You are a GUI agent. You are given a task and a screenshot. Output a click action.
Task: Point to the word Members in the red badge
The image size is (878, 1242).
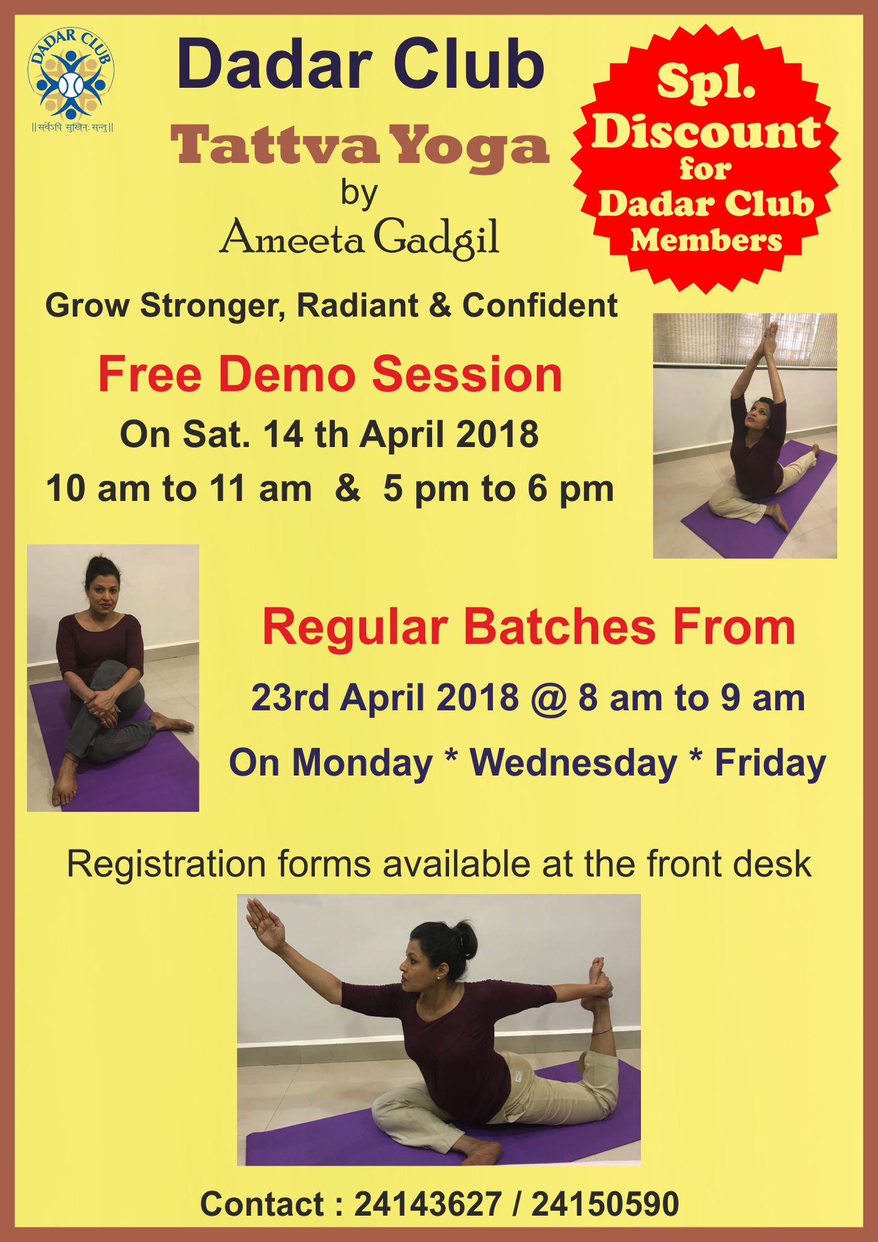707,240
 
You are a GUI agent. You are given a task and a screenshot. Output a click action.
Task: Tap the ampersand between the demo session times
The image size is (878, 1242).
347,488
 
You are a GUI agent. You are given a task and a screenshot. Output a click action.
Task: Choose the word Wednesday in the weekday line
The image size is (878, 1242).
573,763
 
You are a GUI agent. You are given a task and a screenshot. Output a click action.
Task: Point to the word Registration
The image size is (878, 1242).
166,865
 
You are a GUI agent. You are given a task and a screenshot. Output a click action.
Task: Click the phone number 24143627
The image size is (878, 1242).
428,1204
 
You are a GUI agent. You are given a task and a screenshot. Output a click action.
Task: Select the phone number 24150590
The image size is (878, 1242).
605,1204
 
